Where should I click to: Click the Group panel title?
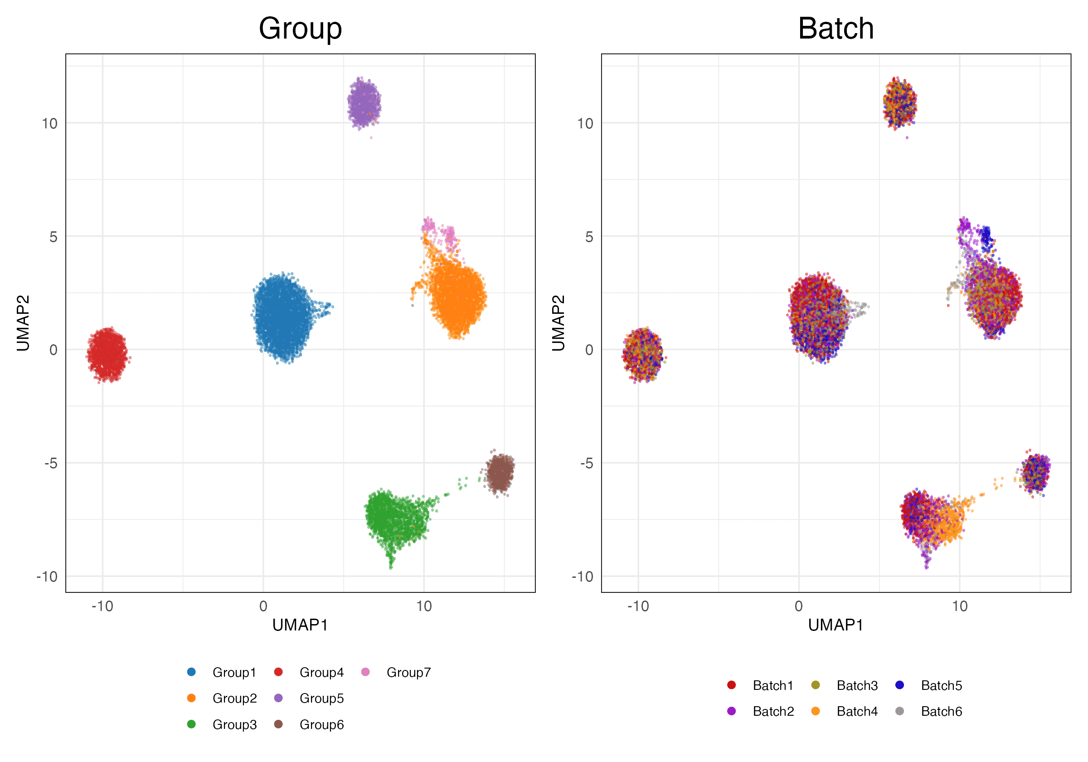click(x=300, y=29)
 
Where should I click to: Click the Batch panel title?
click(x=835, y=29)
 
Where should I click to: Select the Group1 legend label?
click(x=234, y=672)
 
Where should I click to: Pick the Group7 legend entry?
click(x=408, y=672)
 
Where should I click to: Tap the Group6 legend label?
click(x=321, y=724)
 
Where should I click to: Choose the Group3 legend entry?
click(x=234, y=724)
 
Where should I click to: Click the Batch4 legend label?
click(x=857, y=711)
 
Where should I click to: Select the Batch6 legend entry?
click(x=941, y=711)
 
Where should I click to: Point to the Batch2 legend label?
click(x=773, y=711)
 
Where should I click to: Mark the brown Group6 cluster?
click(x=500, y=472)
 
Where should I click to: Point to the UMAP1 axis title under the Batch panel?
click(x=835, y=625)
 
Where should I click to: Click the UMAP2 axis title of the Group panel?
click(x=23, y=323)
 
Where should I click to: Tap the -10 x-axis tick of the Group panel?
click(x=102, y=606)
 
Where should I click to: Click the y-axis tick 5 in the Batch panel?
click(x=588, y=237)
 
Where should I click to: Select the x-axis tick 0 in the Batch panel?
click(x=798, y=606)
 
